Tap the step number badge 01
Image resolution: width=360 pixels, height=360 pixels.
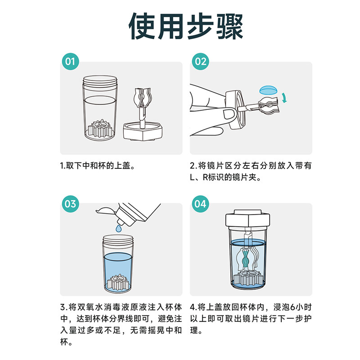pos(70,62)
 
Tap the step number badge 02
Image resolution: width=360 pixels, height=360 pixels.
pos(200,62)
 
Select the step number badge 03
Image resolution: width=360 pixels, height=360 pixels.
pos(70,203)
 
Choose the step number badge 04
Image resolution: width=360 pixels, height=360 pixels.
pos(200,203)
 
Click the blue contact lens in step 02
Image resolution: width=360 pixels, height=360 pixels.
pos(270,89)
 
